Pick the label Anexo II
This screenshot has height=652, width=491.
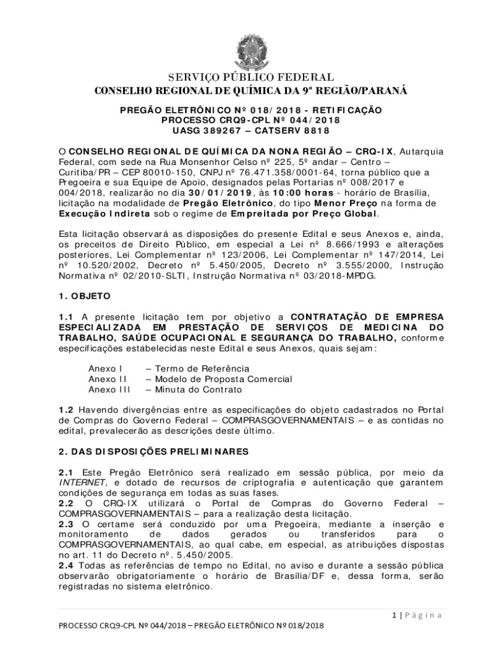105,379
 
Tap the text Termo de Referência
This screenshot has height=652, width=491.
202,369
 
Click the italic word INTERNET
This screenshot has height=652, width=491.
80,483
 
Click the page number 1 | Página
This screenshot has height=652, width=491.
416,614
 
